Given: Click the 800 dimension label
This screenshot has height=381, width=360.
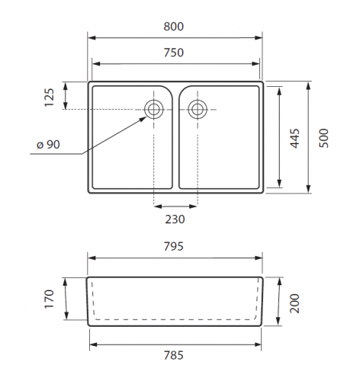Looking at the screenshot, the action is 173,27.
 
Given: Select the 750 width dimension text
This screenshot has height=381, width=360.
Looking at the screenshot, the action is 173,53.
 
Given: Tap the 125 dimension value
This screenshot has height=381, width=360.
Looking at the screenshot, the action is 50,98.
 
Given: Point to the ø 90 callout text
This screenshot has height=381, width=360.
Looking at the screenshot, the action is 48,145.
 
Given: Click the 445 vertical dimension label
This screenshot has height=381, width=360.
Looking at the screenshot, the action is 295,138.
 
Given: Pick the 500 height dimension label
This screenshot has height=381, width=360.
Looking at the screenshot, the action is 324,138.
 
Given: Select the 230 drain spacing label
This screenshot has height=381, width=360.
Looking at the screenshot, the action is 175,219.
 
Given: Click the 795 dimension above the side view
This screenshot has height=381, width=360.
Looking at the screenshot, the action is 173,246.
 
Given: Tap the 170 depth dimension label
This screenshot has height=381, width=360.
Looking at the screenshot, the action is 50,299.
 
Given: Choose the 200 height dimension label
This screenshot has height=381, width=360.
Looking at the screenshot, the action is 295,303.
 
